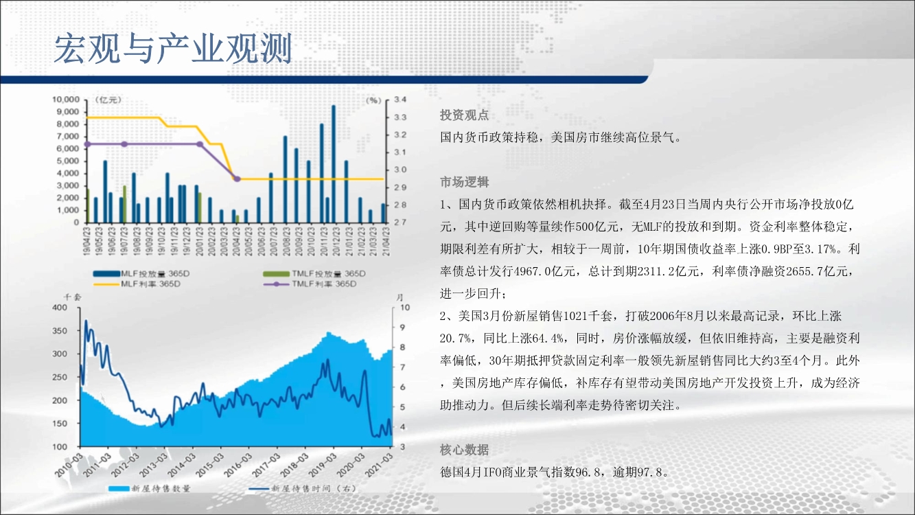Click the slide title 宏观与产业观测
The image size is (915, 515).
point(173,48)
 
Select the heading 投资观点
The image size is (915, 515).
point(464,115)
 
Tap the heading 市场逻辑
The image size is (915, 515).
point(464,182)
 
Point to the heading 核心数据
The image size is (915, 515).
point(464,450)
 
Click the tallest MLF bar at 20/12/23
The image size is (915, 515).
point(334,164)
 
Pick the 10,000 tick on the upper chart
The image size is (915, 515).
point(66,100)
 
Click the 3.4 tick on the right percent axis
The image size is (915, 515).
point(400,100)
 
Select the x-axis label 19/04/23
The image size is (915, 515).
point(86,242)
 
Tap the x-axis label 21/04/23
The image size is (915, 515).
point(385,242)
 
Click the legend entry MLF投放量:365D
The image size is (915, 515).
point(141,273)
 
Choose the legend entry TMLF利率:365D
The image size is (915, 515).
point(310,284)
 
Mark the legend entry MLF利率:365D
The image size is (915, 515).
point(137,284)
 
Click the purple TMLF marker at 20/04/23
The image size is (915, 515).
point(238,179)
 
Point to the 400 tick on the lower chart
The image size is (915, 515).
point(60,308)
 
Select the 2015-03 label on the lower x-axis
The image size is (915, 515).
point(208,465)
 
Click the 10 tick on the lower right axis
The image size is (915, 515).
point(405,308)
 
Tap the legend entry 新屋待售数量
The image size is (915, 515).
point(150,488)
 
